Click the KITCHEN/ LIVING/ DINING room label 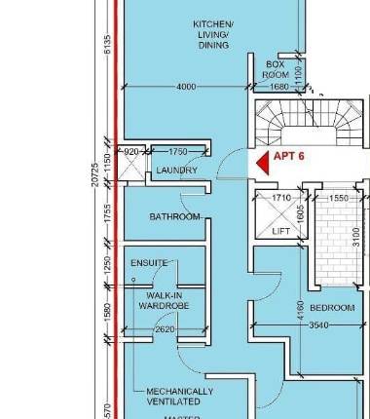(x=213, y=34)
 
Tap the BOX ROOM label (x=277, y=69)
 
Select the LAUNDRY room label (x=177, y=171)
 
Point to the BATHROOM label (x=174, y=216)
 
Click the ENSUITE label (x=150, y=263)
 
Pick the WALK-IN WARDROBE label (x=166, y=300)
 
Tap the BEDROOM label (x=334, y=307)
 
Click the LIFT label (x=281, y=231)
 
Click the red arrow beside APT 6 (x=260, y=166)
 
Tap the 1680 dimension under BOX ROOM (x=278, y=87)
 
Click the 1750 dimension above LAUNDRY (x=177, y=152)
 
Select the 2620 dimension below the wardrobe (x=164, y=329)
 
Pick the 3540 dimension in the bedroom (x=317, y=324)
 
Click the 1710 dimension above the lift (x=281, y=198)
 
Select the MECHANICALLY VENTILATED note (x=179, y=396)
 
